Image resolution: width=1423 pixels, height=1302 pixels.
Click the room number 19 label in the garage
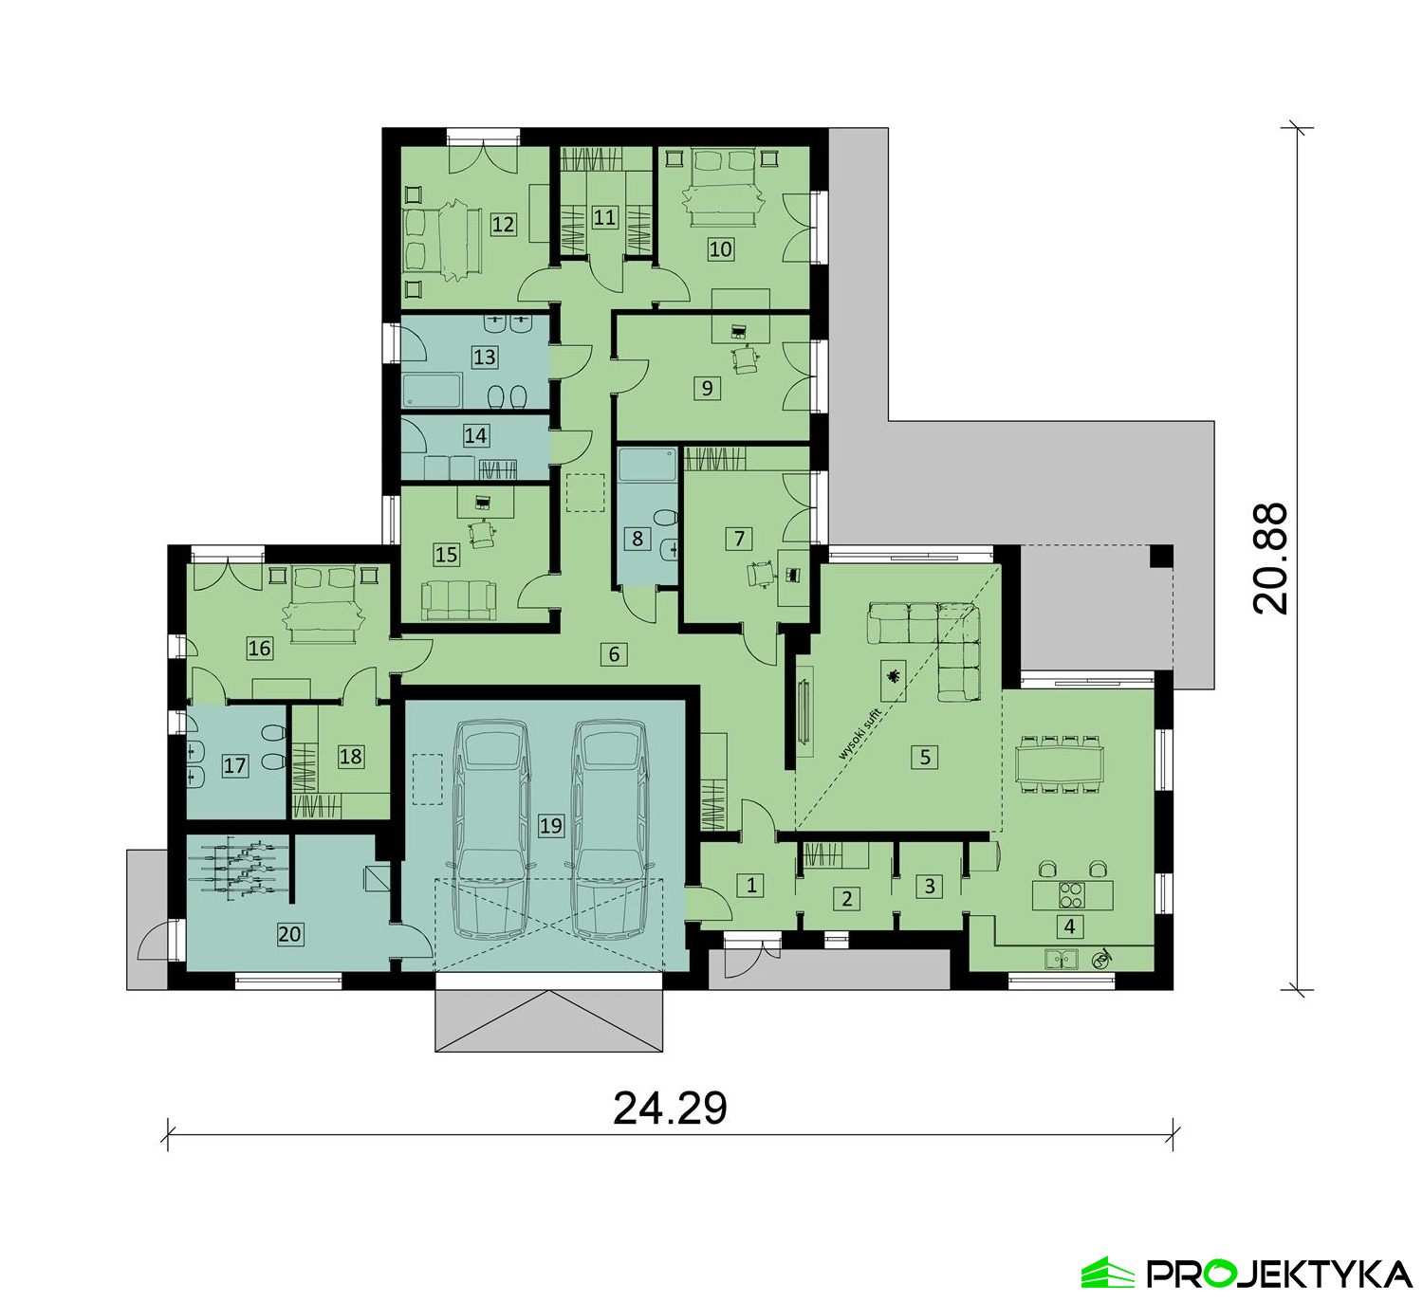[x=550, y=825]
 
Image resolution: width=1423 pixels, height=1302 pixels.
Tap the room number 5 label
[x=925, y=758]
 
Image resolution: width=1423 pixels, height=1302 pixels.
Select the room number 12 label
[x=503, y=225]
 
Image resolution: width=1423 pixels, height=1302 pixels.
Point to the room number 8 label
[x=637, y=539]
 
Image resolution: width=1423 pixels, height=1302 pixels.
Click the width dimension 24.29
[x=670, y=1108]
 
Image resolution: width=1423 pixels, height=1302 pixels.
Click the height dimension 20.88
[x=1269, y=559]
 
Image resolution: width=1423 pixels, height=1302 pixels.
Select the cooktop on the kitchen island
[x=1070, y=894]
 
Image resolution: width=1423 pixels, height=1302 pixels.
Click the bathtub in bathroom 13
[x=432, y=391]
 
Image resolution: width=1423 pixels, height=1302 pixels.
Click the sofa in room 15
[x=459, y=600]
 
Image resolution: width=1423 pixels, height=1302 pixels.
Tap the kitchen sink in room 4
[x=1062, y=960]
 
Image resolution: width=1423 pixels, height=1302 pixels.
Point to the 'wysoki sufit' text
[x=859, y=734]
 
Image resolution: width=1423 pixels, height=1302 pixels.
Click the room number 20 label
[x=289, y=934]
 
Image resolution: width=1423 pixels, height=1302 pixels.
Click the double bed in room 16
[x=323, y=603]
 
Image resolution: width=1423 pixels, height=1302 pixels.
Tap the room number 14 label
[x=475, y=434]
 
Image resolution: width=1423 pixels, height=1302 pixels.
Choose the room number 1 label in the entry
[x=750, y=885]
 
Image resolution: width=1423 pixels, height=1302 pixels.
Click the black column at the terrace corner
[x=1160, y=556]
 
